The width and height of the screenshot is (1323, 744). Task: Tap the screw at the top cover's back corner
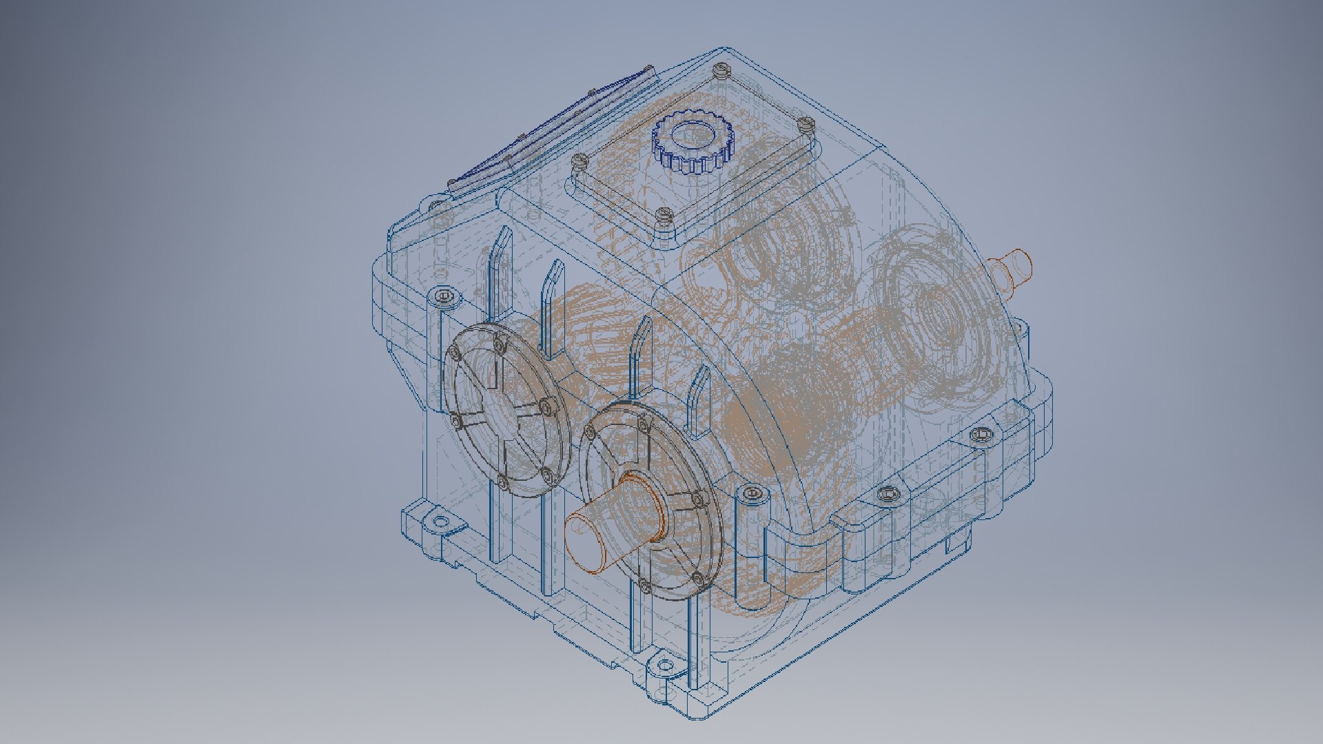point(721,70)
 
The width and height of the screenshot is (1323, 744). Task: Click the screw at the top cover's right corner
point(807,125)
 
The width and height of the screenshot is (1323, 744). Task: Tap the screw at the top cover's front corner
point(664,216)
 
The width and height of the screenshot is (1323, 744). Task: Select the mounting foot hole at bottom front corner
point(665,666)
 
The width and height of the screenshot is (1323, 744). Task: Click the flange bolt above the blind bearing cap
point(444,298)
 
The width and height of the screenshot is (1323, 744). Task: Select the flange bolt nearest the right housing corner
point(981,435)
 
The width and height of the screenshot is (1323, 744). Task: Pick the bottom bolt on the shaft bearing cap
point(645,586)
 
